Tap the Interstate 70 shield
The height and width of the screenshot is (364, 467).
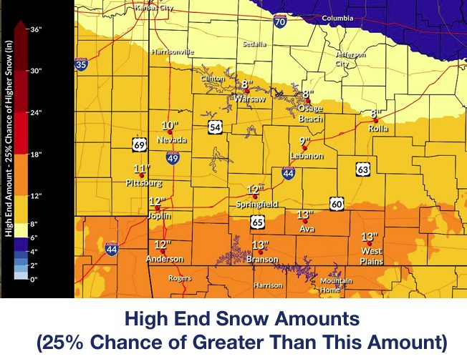(280, 23)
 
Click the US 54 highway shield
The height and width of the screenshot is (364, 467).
(215, 127)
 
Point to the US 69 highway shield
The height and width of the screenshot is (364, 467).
(140, 145)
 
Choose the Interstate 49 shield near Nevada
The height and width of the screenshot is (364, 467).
(173, 158)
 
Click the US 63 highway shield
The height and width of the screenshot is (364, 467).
(363, 169)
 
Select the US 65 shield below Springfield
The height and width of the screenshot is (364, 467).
(257, 222)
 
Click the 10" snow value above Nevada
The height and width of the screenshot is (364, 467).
(170, 126)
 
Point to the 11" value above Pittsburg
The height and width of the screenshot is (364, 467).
(142, 169)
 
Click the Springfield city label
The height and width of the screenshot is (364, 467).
(256, 205)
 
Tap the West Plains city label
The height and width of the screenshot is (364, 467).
(371, 256)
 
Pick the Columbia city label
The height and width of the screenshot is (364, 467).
(337, 18)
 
